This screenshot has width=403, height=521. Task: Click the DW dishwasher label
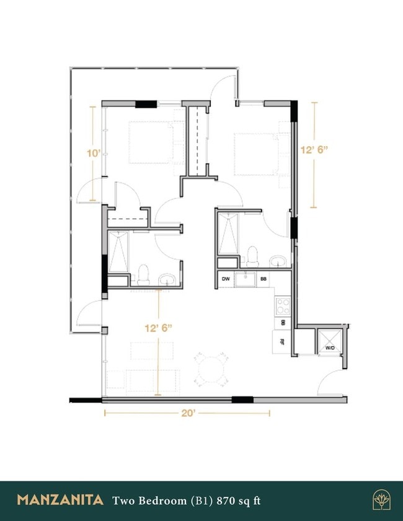(226, 279)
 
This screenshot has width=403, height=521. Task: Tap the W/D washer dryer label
(329, 349)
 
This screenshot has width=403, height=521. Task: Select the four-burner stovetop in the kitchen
(283, 305)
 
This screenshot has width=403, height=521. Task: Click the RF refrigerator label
(282, 340)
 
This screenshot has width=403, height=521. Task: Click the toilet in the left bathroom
(144, 273)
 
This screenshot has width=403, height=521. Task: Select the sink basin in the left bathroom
(166, 280)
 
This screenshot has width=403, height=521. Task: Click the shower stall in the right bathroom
(228, 234)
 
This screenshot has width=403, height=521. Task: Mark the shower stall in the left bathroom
(117, 252)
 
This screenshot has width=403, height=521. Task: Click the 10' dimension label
(93, 152)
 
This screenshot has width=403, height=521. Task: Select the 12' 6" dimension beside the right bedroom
(314, 149)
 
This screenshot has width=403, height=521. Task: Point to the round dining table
(211, 369)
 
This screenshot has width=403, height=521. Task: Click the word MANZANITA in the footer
(60, 500)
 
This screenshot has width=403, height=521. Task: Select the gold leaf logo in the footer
(380, 500)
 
